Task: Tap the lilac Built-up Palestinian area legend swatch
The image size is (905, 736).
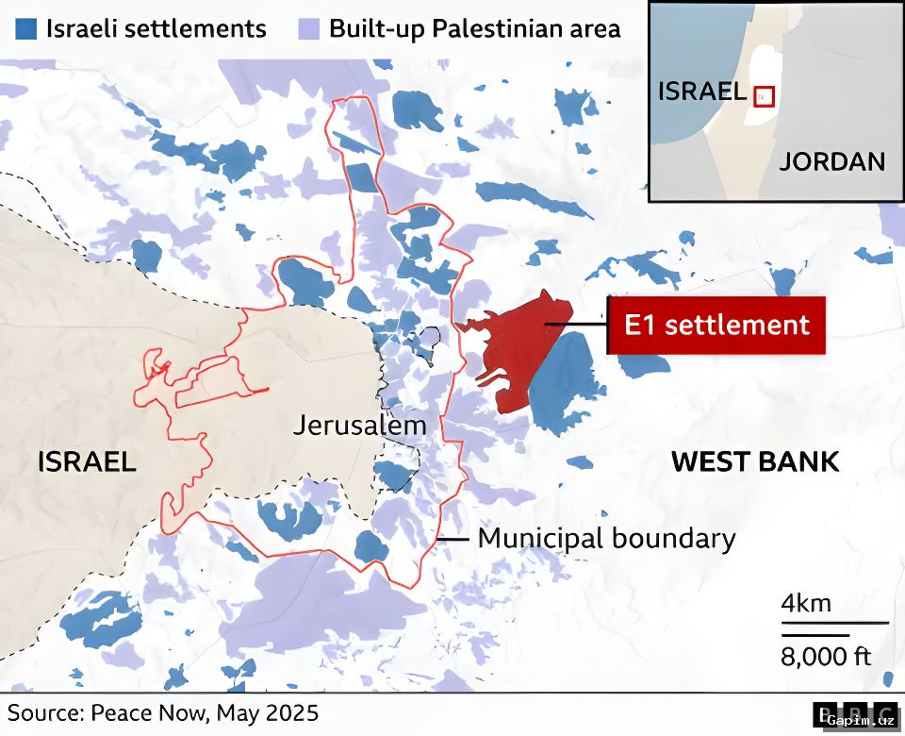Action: pos(308,28)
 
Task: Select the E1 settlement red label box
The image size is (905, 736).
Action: pos(716,326)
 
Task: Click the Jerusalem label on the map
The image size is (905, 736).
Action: pos(359,425)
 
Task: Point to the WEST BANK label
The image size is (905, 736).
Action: pos(754,461)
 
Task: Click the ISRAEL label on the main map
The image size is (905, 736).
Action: pos(87,461)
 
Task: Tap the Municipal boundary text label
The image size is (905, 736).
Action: pos(606,539)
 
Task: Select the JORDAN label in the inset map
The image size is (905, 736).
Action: pos(832,161)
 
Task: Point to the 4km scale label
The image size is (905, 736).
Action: pos(806,603)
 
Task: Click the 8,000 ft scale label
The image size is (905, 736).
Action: pos(826,656)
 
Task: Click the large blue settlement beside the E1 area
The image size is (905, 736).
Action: pos(566,382)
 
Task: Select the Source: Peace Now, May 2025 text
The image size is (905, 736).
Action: pos(163,712)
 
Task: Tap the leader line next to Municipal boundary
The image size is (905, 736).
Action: pos(452,539)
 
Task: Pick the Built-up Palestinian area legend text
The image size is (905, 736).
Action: pos(474,28)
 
